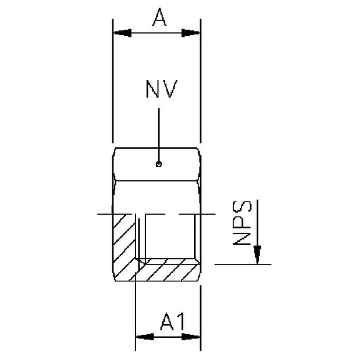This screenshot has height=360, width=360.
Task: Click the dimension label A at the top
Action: pyautogui.click(x=158, y=20)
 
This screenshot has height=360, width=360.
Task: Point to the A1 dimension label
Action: pyautogui.click(x=168, y=323)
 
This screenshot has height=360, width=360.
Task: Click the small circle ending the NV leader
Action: pyautogui.click(x=159, y=165)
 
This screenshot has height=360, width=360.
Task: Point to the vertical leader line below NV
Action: pyautogui.click(x=159, y=134)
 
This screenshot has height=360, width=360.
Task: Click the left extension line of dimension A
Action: pyautogui.click(x=113, y=81)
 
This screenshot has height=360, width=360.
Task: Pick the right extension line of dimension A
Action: pyautogui.click(x=200, y=81)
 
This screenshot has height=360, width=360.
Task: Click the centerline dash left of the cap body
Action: pyautogui.click(x=105, y=215)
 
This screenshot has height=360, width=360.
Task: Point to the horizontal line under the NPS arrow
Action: pyautogui.click(x=243, y=265)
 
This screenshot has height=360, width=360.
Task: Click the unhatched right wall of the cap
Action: pyautogui.click(x=197, y=240)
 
